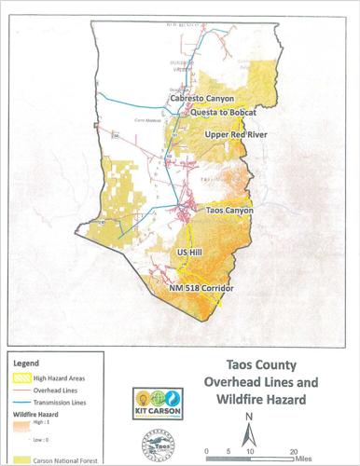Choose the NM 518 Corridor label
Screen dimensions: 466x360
point(199,290)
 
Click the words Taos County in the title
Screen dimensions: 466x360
point(262,366)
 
